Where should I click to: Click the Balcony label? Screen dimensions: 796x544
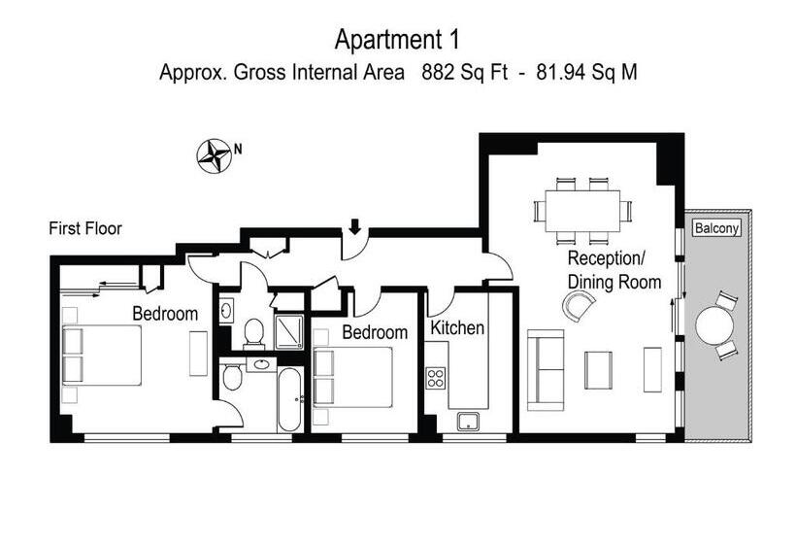click(716, 228)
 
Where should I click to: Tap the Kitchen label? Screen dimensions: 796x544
click(457, 328)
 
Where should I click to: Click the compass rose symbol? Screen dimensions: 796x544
click(214, 155)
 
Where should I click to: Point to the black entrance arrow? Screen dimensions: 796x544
click(355, 226)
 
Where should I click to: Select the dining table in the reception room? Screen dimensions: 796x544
click(582, 211)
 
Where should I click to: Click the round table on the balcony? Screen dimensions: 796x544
click(713, 326)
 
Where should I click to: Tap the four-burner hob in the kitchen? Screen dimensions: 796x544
click(436, 378)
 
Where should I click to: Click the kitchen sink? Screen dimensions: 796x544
click(468, 422)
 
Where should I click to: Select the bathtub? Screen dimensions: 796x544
click(290, 401)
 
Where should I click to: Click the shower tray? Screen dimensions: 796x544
click(289, 332)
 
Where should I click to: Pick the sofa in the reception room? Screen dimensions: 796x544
click(546, 370)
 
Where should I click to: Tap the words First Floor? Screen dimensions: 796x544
click(85, 228)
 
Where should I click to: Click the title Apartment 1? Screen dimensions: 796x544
click(397, 40)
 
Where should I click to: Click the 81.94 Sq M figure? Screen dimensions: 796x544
click(587, 72)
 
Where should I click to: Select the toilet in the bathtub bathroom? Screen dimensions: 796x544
click(233, 376)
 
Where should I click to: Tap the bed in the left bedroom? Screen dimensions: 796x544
click(102, 356)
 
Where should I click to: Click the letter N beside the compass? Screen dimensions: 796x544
click(238, 150)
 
